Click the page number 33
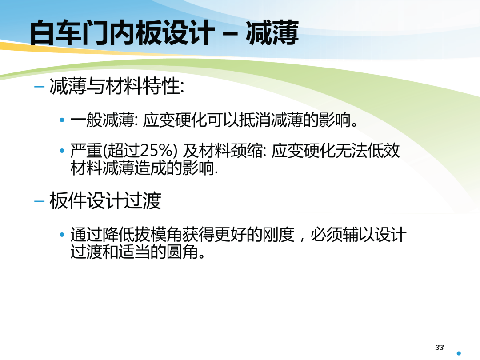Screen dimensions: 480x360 point(439,348)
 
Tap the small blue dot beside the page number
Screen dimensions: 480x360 point(459,353)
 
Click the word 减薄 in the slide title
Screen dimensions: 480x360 point(272,33)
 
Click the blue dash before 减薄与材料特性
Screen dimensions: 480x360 point(39,87)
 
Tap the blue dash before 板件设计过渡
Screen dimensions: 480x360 point(39,201)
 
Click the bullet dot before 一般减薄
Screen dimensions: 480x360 point(62,120)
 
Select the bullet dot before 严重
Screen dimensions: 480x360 point(62,151)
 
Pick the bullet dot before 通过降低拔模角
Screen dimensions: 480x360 point(62,235)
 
